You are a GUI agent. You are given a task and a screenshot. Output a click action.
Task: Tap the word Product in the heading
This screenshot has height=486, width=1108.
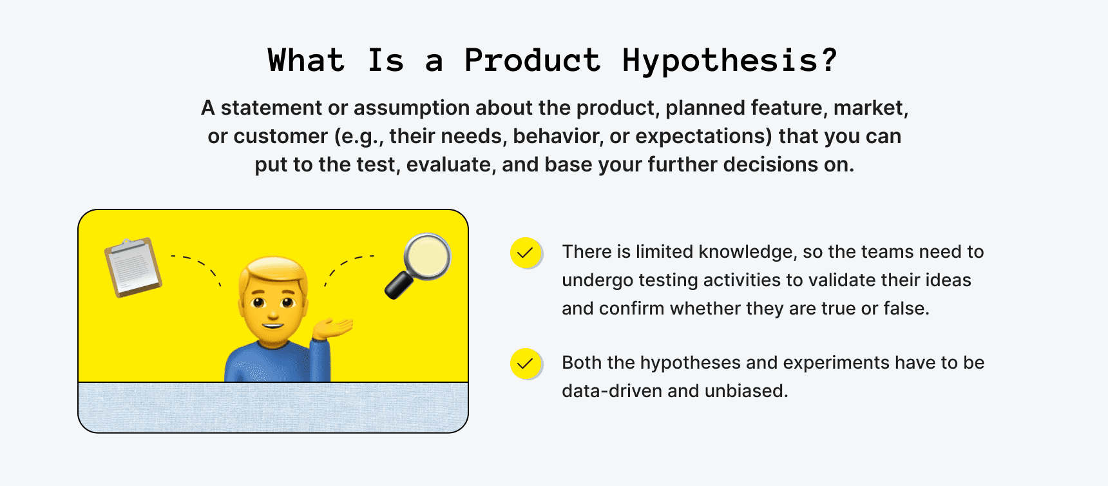(x=532, y=61)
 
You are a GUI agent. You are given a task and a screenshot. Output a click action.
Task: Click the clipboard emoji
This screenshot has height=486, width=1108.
(x=133, y=267)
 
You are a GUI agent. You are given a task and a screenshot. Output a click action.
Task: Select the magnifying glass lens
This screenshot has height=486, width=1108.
(x=427, y=257)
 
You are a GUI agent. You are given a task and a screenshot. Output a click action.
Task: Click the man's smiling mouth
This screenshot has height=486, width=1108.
(x=273, y=326)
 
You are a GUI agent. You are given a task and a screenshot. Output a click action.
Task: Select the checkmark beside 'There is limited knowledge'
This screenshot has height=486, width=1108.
(x=526, y=253)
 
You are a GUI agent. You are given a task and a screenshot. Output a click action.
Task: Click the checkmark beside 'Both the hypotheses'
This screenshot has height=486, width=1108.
(x=526, y=364)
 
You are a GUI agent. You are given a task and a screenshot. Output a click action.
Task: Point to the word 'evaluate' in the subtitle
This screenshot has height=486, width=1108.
(x=451, y=165)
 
